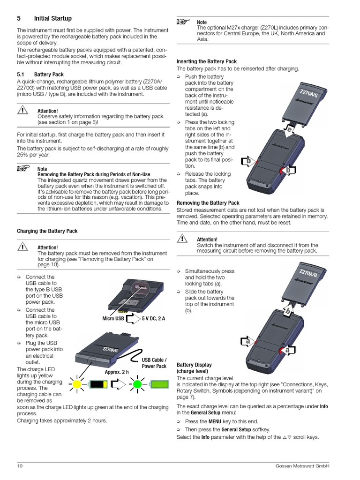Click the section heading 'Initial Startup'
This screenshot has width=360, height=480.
[x=53, y=19]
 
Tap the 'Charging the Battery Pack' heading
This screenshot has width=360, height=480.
[x=47, y=231]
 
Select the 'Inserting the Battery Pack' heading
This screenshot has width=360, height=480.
[x=207, y=61]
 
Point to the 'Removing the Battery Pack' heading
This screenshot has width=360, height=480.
[x=208, y=203]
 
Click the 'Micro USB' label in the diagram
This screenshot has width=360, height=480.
[x=113, y=319]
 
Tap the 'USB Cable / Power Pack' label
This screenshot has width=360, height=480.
[x=154, y=363]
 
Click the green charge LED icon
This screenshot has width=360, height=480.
[x=138, y=384]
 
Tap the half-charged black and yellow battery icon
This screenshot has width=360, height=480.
[x=98, y=385]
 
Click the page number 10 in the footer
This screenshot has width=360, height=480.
[x=20, y=465]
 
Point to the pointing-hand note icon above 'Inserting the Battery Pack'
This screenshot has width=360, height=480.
[x=183, y=21]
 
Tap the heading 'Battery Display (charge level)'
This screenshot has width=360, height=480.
[x=194, y=368]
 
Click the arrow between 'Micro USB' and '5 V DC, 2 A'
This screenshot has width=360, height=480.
[x=133, y=319]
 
